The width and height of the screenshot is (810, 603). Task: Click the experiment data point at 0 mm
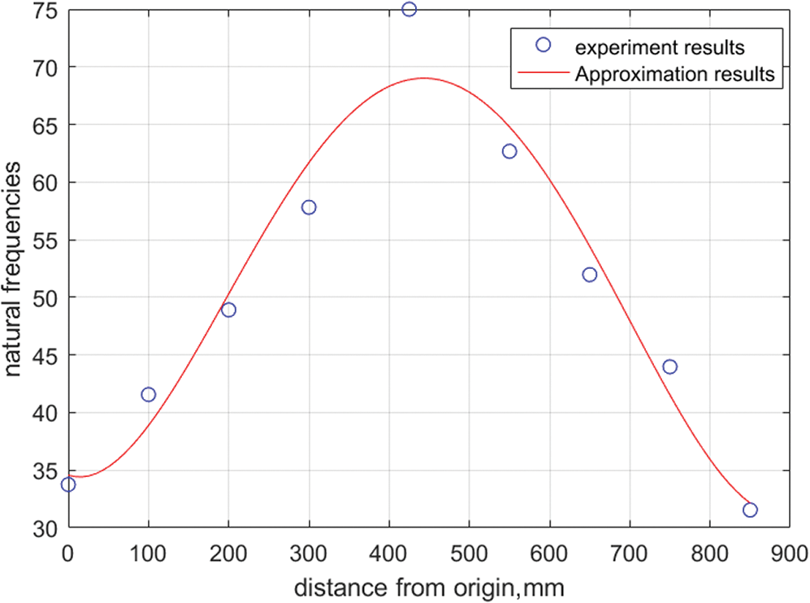(x=68, y=484)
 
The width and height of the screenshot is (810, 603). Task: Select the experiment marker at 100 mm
(x=148, y=395)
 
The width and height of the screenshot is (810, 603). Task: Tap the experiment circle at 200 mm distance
(x=228, y=310)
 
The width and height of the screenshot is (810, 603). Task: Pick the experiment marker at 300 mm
(x=309, y=207)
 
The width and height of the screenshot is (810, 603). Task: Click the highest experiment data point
(x=409, y=9)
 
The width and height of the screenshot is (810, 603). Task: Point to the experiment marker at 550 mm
(x=509, y=151)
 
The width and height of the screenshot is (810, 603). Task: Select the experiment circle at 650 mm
(x=590, y=275)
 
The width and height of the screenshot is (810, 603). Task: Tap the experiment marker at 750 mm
(x=669, y=367)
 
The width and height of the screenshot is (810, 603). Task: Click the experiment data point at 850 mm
(x=750, y=510)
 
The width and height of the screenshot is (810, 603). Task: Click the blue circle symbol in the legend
(x=544, y=45)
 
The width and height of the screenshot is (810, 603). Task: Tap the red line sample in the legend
(x=544, y=74)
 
